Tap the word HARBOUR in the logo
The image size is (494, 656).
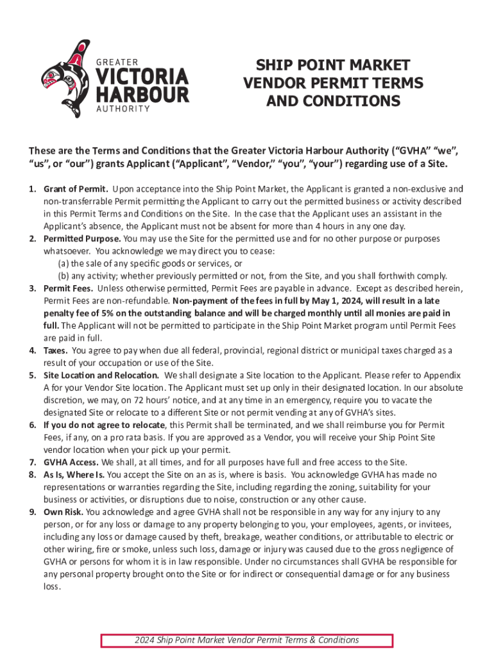pyautogui.click(x=142, y=95)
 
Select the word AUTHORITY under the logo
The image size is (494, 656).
pyautogui.click(x=123, y=108)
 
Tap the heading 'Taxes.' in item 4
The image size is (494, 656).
pyautogui.click(x=56, y=350)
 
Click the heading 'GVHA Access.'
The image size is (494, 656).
pyautogui.click(x=71, y=462)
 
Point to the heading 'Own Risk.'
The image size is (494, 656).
pyautogui.click(x=63, y=512)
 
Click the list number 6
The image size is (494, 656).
pyautogui.click(x=32, y=425)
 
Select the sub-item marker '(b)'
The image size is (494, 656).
pyautogui.click(x=63, y=276)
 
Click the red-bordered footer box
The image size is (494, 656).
pyautogui.click(x=247, y=640)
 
